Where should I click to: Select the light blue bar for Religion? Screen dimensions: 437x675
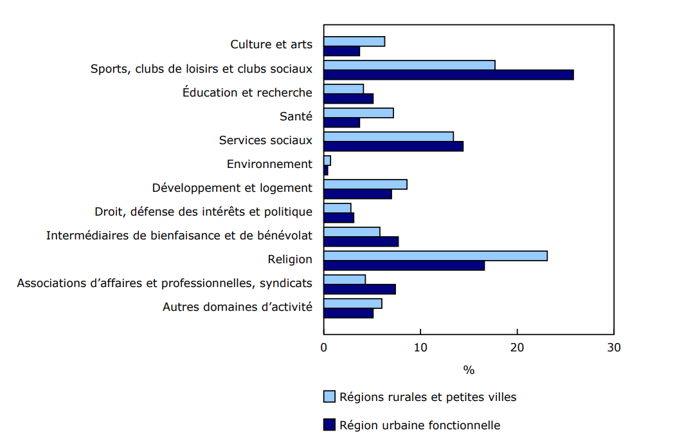point(435,256)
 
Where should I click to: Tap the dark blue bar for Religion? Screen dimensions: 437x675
point(404,266)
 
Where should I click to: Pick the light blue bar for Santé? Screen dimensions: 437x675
point(358,113)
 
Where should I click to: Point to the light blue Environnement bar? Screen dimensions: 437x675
point(327,160)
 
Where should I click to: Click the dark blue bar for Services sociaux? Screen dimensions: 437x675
point(393,146)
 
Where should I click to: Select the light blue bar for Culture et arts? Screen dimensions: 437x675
point(354,42)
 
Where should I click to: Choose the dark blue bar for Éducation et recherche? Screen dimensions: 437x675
point(348,98)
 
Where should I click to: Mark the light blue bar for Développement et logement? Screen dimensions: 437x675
point(365,185)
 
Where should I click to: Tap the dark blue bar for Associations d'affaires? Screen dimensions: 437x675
point(359,289)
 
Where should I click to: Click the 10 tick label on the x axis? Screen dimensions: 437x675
point(420,348)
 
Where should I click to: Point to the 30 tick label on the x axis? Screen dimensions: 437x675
point(614,348)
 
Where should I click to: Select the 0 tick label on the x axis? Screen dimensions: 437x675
point(324,348)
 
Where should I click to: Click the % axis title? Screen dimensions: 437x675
point(469,370)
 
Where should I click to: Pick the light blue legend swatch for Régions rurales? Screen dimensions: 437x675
point(329,396)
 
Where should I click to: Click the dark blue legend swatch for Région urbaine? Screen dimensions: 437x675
point(329,425)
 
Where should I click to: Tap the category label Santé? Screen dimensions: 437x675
point(296,116)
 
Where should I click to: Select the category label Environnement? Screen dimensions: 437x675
point(269,164)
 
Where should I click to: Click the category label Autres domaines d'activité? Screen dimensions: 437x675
point(237,307)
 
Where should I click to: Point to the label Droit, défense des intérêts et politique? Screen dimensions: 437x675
point(203,212)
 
